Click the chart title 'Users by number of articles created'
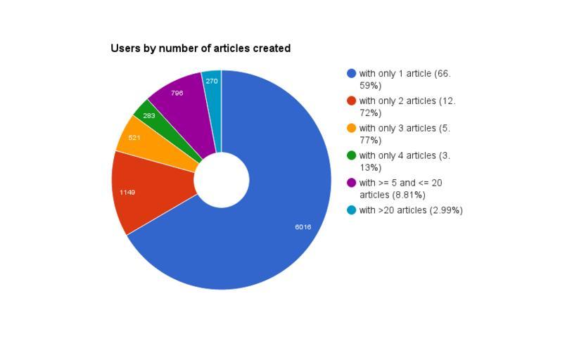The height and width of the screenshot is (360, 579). click(201, 49)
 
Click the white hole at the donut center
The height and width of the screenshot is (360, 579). click(222, 180)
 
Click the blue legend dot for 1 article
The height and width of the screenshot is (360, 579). click(352, 73)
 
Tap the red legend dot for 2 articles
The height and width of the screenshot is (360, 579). click(352, 101)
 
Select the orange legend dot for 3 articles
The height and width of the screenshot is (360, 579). click(352, 128)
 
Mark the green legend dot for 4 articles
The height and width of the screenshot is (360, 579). click(352, 155)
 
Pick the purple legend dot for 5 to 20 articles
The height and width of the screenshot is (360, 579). click(352, 183)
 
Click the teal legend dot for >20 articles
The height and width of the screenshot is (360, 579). click(352, 210)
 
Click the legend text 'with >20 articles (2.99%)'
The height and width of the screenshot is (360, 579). click(411, 210)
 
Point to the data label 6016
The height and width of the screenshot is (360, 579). click(303, 227)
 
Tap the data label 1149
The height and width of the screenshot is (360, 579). click(127, 192)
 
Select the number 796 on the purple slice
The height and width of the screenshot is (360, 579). click(177, 93)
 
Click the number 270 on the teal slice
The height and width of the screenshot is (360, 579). click(212, 81)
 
